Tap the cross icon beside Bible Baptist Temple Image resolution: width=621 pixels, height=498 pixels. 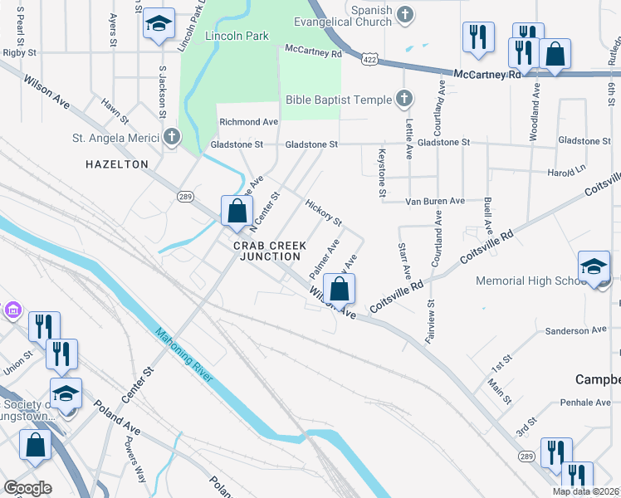tap(403, 100)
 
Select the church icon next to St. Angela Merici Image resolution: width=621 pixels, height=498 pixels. tap(171, 137)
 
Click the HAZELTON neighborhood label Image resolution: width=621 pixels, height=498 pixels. tap(117, 164)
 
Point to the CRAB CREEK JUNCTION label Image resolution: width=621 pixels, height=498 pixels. tap(270, 251)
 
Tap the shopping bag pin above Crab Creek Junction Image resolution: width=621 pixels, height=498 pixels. tap(237, 211)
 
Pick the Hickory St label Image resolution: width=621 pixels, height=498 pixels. tap(324, 212)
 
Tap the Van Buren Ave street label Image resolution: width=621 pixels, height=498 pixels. tap(435, 201)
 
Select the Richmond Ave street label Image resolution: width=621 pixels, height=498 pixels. tap(248, 122)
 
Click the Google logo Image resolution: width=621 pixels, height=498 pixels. tap(27, 488)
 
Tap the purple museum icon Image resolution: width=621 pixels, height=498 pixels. tap(12, 310)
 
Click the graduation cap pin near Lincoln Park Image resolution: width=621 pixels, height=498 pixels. tap(158, 25)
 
